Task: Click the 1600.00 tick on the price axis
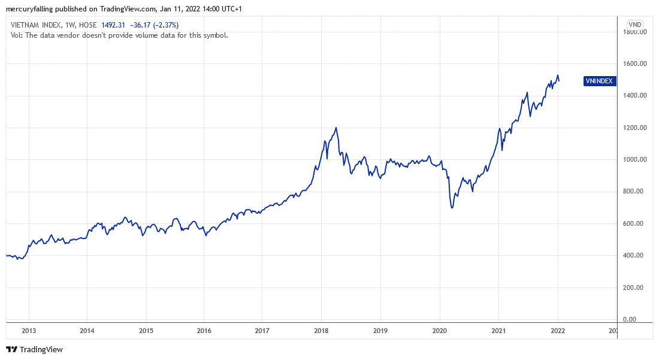[634, 63]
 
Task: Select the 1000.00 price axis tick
[634, 159]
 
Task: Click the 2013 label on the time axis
[29, 331]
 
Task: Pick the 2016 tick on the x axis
[204, 331]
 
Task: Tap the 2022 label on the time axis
[558, 331]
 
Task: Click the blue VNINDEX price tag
[600, 81]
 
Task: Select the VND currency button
[634, 25]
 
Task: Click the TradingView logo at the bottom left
[34, 349]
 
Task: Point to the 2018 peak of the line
[336, 128]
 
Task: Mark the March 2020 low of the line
[452, 207]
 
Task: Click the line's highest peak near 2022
[557, 75]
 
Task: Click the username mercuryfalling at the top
[31, 8]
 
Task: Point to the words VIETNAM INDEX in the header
[37, 25]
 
